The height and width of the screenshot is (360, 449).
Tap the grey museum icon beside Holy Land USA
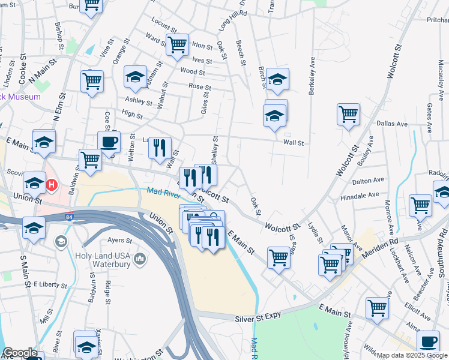click(x=140, y=259)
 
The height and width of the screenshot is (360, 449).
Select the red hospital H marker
click(x=52, y=185)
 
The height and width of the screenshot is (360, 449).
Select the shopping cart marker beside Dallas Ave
click(x=348, y=113)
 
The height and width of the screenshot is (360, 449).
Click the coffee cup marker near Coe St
click(x=109, y=142)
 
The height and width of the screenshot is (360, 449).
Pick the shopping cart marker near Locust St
click(x=178, y=44)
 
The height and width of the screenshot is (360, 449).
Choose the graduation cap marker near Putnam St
click(x=135, y=76)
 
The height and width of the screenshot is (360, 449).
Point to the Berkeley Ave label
click(x=312, y=77)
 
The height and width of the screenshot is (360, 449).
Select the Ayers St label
click(x=119, y=241)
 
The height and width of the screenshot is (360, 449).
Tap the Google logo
click(x=20, y=353)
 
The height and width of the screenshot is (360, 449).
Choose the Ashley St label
click(x=139, y=100)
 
